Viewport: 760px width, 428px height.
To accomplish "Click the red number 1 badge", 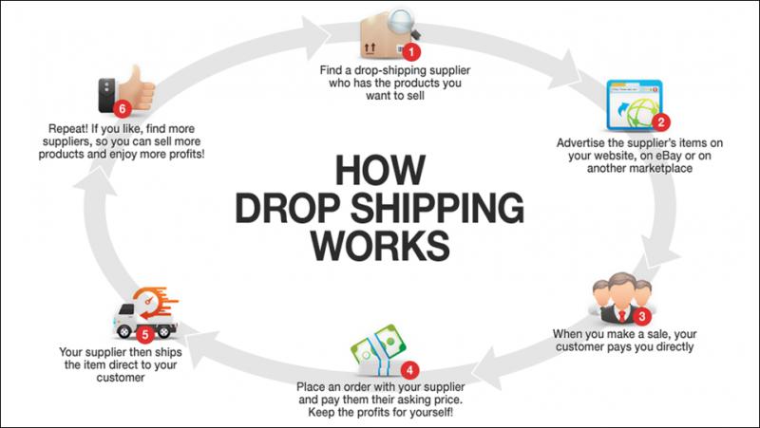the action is point(411,51).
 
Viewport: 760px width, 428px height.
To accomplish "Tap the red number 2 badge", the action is point(661,121).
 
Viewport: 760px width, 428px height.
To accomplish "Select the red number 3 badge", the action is point(642,317).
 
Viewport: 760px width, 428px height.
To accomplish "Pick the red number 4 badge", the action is point(409,371).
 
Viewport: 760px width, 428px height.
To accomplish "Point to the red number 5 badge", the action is point(145,334).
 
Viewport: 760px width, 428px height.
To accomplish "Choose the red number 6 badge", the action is point(123,108).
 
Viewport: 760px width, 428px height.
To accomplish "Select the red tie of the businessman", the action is point(622,316).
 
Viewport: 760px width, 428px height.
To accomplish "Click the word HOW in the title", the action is point(380,169).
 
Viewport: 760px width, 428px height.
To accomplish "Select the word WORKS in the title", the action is point(380,246).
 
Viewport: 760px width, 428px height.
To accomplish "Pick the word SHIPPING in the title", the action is point(436,209).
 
